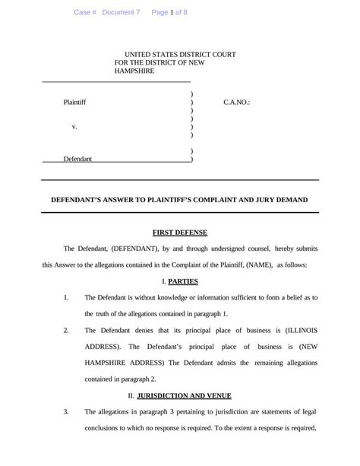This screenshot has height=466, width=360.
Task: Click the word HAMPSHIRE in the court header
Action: (134, 71)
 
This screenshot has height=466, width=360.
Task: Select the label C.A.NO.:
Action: (237, 101)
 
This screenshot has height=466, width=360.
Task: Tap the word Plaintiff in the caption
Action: (74, 101)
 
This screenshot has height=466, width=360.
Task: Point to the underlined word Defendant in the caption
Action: (77, 159)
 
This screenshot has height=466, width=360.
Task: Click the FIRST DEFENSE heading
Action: (180, 232)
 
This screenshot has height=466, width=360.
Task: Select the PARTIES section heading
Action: (183, 281)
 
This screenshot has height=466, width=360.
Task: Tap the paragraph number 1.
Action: (66, 297)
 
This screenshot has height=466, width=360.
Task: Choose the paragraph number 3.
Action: (66, 412)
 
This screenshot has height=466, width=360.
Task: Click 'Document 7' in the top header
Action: (121, 12)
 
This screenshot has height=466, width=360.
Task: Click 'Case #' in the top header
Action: (85, 12)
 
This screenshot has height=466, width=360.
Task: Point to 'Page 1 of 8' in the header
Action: (169, 12)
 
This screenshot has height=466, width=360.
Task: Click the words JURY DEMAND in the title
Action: (279, 199)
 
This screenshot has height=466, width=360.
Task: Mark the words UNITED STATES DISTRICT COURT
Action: (180, 55)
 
